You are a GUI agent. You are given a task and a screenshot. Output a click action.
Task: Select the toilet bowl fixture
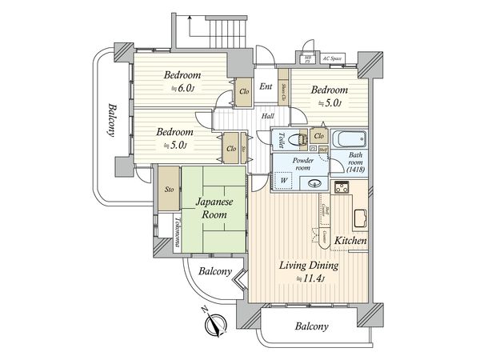297,138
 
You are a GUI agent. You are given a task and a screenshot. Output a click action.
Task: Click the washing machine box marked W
284,180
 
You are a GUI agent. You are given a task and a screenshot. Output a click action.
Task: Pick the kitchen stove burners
342,189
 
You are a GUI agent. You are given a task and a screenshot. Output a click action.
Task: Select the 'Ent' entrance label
266,87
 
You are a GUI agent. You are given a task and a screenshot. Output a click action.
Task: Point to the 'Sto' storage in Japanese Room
168,190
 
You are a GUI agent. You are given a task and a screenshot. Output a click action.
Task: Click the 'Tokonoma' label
178,232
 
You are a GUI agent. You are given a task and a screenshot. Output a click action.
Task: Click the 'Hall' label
270,116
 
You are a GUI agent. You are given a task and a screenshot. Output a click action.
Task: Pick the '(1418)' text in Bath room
356,170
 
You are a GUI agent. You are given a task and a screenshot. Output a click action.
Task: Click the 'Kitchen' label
350,241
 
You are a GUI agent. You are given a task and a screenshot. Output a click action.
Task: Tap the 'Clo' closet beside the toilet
318,135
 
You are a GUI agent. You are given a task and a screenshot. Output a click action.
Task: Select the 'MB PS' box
308,58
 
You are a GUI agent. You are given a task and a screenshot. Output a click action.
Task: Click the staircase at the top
213,32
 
